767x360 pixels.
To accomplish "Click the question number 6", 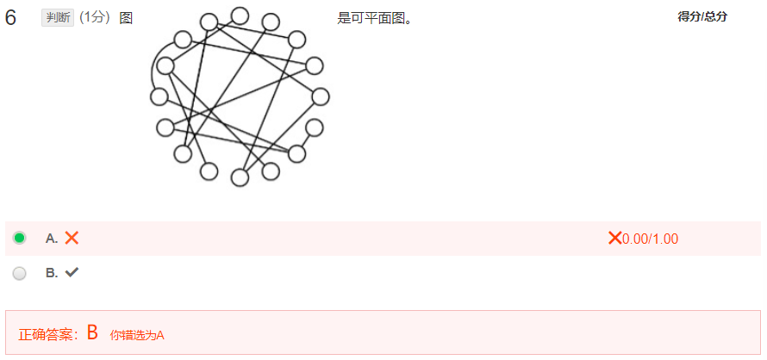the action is coord(10,18).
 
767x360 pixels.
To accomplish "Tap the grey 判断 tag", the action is coord(58,18).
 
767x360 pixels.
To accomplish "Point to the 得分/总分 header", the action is coord(702,16).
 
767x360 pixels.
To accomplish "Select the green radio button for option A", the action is coord(20,238).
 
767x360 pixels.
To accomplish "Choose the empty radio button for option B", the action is coord(20,273).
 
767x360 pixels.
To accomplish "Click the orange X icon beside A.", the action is coord(72,238).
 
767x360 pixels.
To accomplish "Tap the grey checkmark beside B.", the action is coord(72,273).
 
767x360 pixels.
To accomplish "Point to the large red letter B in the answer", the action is coord(92,333).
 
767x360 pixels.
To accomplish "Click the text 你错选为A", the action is coord(137,335).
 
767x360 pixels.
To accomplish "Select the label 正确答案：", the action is coord(49,334).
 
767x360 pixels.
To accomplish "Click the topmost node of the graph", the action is coord(240,16).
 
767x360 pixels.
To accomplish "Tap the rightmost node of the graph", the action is coord(321,96).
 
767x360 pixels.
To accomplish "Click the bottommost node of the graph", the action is coord(240,177).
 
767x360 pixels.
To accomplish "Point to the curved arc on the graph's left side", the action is coord(153,73).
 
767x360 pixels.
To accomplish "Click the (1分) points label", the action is coord(95,18).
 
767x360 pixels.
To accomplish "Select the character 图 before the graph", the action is coord(126,18).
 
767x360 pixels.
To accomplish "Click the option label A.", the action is coord(52,239).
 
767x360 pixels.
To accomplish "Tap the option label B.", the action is coord(52,273).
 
